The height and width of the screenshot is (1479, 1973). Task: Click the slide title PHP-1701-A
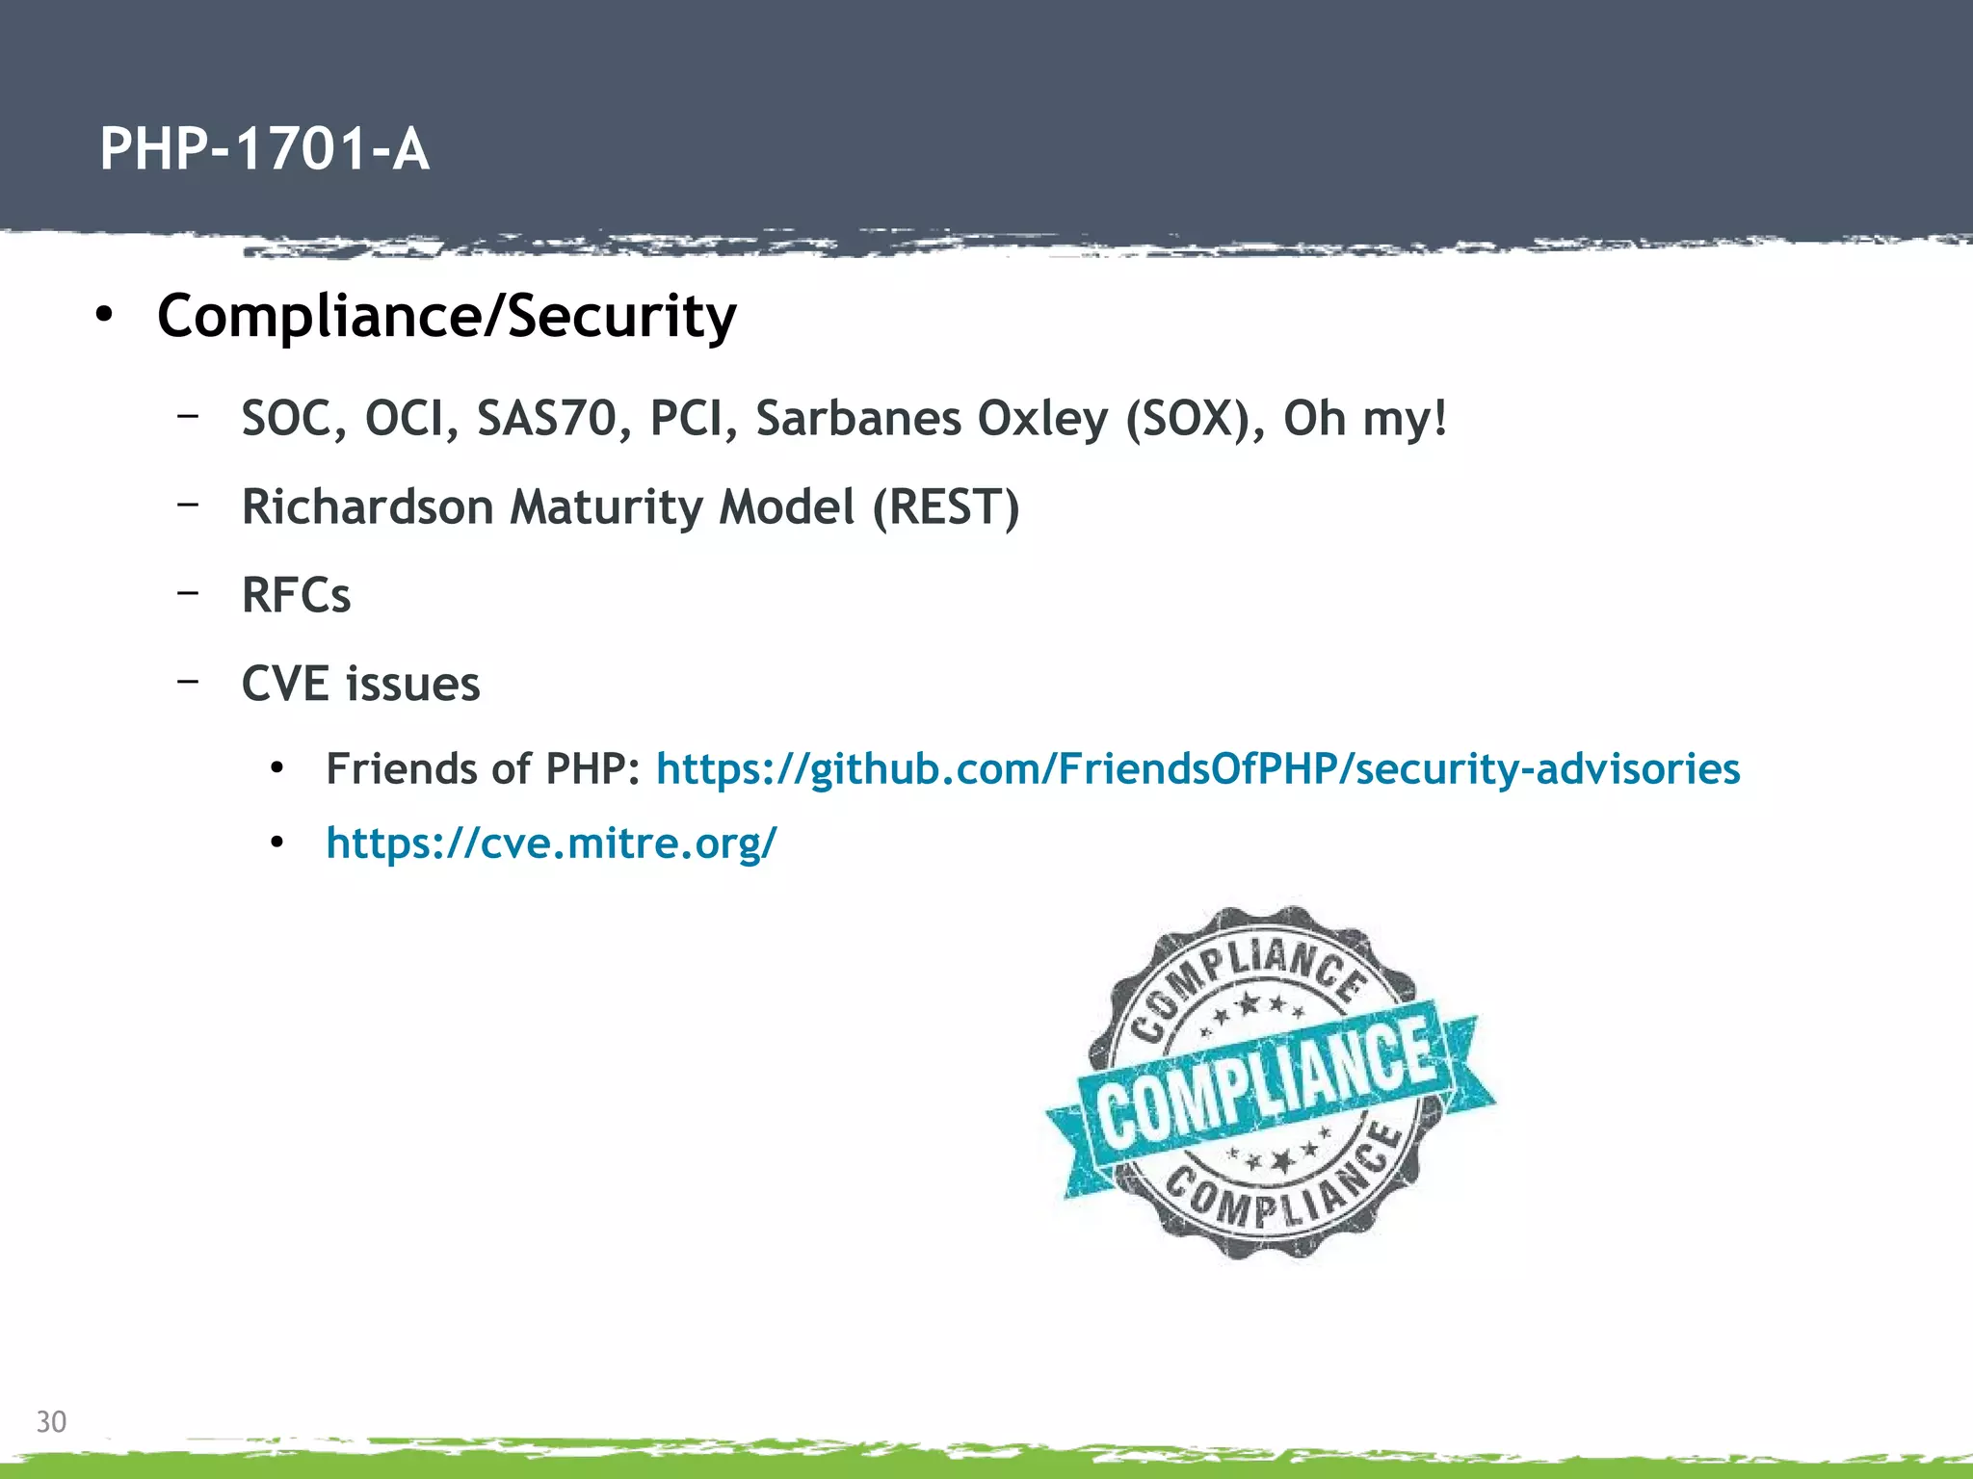pos(264,150)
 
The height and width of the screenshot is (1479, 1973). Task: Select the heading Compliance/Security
pos(446,316)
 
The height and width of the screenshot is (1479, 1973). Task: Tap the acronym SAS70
pos(546,419)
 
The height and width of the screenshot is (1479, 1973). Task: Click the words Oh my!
pos(1365,419)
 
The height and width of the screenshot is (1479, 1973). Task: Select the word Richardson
pos(367,506)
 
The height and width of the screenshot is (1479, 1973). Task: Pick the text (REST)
pos(945,506)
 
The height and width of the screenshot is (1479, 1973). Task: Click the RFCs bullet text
pos(296,595)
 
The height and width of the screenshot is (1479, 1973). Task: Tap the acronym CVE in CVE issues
pos(286,684)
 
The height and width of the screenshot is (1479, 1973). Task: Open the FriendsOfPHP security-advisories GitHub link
pos(1197,769)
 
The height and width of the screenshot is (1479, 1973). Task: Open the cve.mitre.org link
pos(551,843)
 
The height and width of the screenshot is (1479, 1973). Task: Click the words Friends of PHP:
pos(483,769)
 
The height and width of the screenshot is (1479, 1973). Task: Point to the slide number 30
pos(51,1421)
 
